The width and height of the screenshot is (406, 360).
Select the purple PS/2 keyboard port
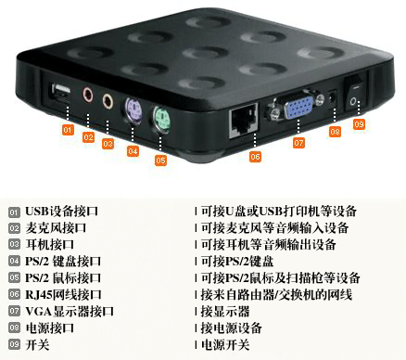point(133,109)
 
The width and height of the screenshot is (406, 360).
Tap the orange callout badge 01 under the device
point(68,130)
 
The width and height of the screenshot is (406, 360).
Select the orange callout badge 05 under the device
point(160,160)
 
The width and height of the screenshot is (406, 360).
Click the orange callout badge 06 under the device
point(255,157)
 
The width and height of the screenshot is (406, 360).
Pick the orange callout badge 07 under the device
point(298,143)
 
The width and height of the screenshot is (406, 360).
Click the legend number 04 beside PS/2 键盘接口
point(13,262)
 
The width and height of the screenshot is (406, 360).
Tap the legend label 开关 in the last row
point(37,344)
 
